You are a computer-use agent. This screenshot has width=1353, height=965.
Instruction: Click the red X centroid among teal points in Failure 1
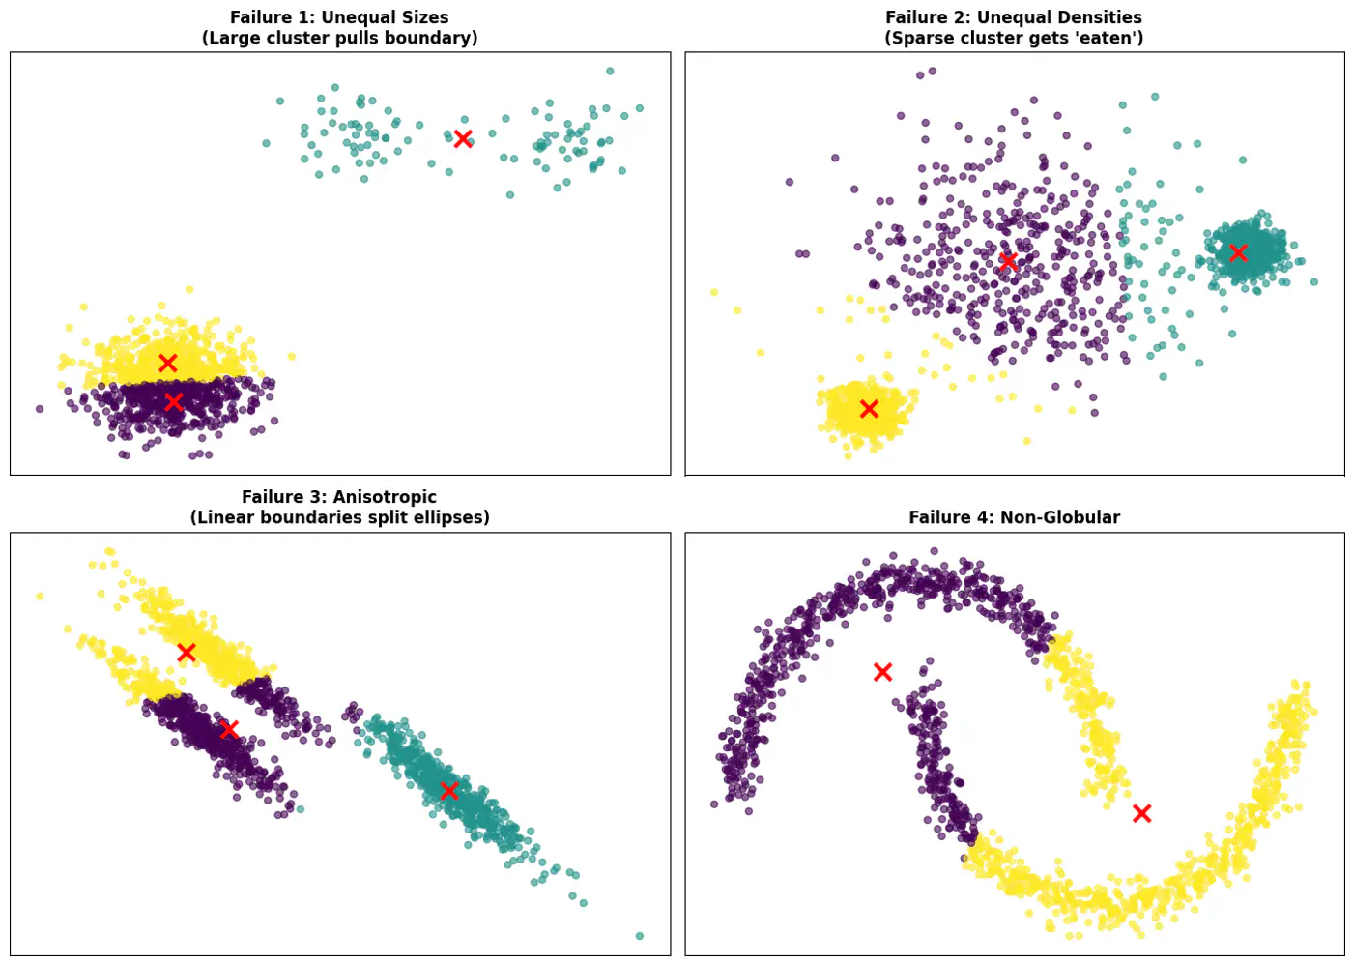click(x=463, y=138)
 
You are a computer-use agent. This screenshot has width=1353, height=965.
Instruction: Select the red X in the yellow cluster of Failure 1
click(x=168, y=364)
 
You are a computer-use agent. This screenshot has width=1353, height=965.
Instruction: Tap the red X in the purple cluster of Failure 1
click(x=174, y=401)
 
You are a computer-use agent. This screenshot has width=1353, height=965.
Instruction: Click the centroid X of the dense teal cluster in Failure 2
click(x=1238, y=252)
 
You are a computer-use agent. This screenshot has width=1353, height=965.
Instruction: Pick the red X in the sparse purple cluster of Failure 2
click(x=1008, y=261)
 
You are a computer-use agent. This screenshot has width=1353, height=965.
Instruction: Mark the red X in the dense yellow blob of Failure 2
click(x=869, y=409)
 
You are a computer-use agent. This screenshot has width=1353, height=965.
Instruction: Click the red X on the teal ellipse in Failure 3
click(x=449, y=790)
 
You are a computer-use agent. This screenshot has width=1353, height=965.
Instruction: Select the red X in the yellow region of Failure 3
click(x=187, y=653)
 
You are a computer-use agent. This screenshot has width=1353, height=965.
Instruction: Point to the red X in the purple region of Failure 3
click(x=229, y=729)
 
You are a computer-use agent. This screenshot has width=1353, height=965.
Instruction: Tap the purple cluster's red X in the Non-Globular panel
click(x=882, y=672)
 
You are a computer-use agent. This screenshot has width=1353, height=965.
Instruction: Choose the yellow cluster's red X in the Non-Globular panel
click(x=1141, y=813)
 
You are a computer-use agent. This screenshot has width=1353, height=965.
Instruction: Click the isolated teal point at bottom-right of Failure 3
click(x=639, y=936)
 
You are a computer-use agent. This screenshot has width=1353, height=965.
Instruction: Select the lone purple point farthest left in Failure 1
click(x=40, y=409)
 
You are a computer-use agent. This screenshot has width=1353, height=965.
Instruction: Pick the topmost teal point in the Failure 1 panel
click(x=610, y=71)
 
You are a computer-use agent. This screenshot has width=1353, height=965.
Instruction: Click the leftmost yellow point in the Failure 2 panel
click(x=714, y=292)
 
